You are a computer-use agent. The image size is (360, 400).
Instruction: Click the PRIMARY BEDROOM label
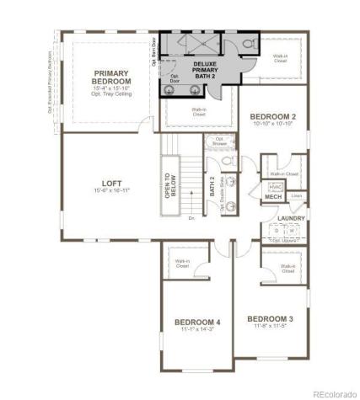click(111, 77)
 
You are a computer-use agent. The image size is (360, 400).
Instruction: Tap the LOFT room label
click(111, 182)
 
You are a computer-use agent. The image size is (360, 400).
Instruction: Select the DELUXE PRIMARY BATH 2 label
click(205, 67)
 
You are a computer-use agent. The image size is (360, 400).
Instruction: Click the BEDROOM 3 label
click(270, 318)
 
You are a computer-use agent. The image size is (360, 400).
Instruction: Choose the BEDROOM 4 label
click(197, 322)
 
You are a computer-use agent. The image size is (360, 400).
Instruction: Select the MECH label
click(273, 197)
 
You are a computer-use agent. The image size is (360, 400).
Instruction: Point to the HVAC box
click(274, 187)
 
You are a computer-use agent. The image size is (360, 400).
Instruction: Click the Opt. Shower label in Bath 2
click(219, 141)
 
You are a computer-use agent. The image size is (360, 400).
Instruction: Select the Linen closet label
click(296, 196)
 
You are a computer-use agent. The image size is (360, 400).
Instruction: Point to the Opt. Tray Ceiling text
click(111, 94)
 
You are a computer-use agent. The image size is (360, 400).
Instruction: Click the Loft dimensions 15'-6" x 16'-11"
click(111, 190)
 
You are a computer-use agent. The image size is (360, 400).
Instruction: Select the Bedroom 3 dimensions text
click(270, 327)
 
